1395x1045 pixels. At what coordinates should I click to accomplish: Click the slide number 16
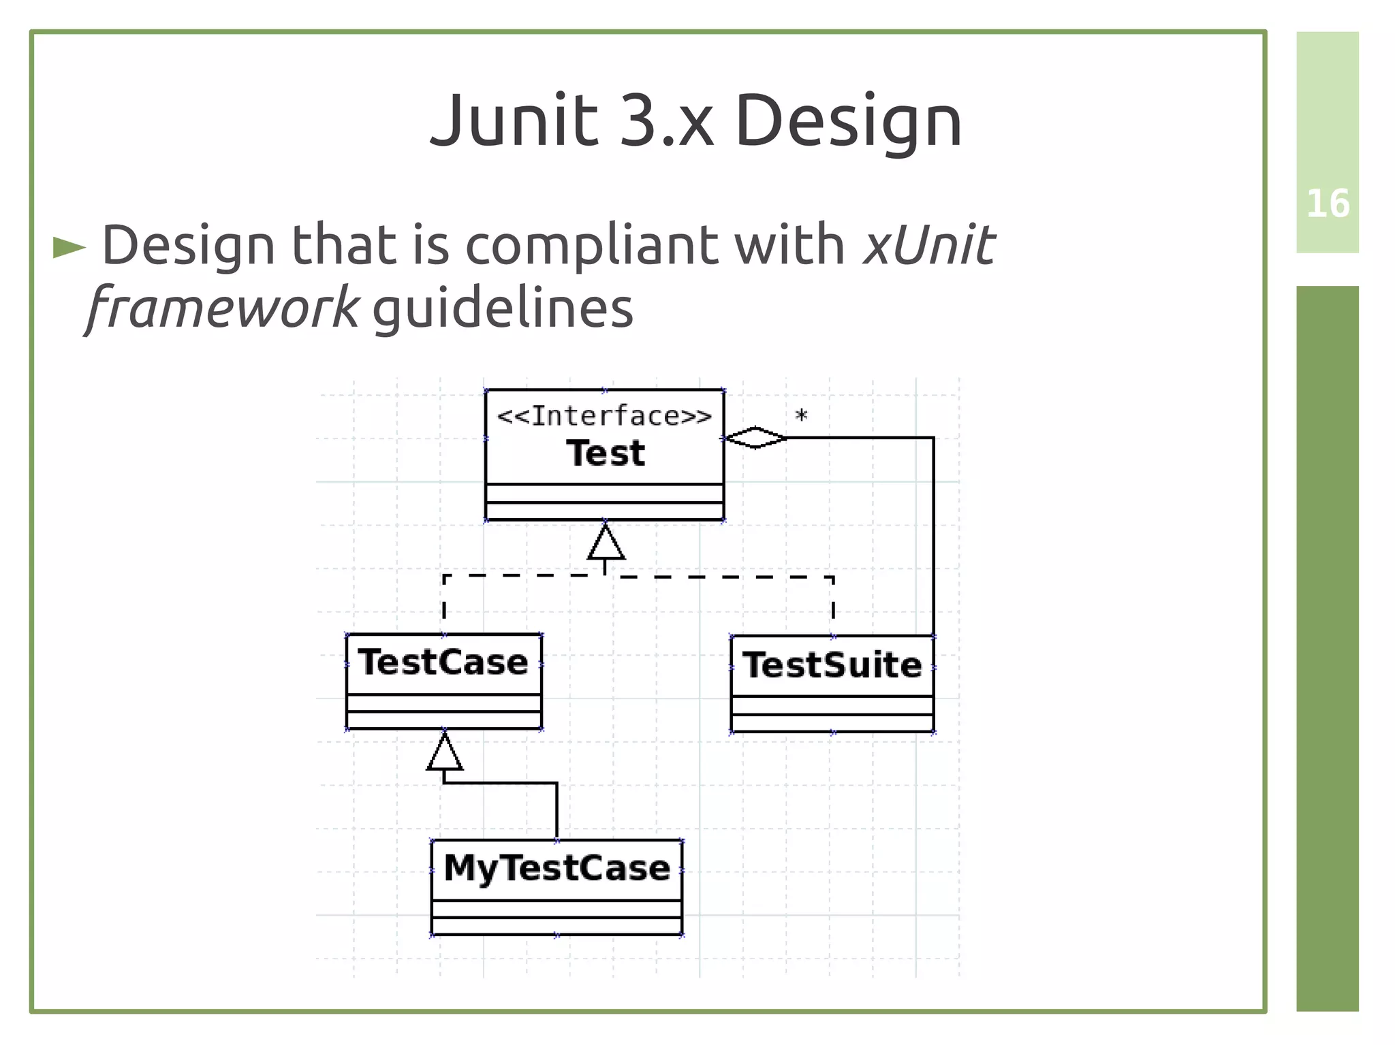tap(1327, 204)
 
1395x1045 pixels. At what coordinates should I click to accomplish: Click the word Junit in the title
tap(514, 121)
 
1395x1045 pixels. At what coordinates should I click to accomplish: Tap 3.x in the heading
tap(667, 121)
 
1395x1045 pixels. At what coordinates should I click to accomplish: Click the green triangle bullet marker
tap(69, 248)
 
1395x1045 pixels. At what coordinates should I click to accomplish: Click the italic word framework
tap(223, 308)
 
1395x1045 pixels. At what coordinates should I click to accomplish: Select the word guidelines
tap(503, 308)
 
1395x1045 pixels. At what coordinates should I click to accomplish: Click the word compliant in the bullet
tap(591, 245)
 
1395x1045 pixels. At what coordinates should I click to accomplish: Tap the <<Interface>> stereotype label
tap(604, 416)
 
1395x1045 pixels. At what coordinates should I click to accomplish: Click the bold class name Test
tap(606, 453)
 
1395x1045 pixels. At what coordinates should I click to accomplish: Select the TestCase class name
tap(443, 662)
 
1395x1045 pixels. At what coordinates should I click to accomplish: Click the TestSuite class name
tap(832, 665)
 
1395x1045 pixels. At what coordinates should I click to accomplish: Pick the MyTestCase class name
tap(557, 868)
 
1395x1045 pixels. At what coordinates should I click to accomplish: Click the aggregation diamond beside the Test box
tap(755, 438)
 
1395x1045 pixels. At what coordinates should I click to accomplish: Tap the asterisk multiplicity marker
tap(802, 415)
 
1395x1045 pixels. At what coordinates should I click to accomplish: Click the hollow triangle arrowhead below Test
tap(606, 543)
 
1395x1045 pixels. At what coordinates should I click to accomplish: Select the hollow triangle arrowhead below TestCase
tap(444, 753)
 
